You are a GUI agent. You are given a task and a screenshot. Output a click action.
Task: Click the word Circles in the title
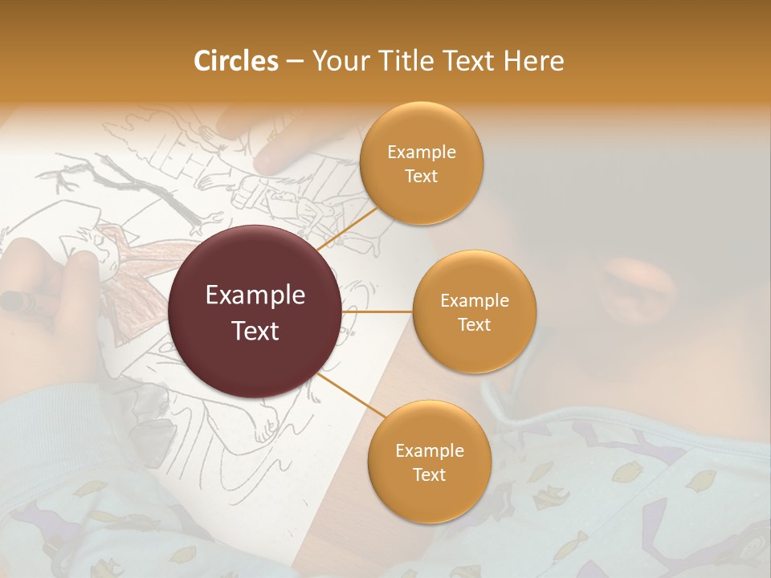(236, 61)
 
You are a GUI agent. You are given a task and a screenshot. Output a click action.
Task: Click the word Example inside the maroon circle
(255, 295)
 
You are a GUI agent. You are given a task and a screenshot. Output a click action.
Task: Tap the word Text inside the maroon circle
(255, 330)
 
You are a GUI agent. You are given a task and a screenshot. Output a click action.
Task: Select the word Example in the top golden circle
(421, 153)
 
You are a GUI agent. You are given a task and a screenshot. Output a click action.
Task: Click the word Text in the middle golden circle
(474, 325)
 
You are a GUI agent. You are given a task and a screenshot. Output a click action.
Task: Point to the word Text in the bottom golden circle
(429, 475)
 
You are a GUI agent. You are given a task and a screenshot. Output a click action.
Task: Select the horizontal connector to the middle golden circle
(377, 311)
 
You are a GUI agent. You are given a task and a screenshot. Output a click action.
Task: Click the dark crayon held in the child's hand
(16, 301)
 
